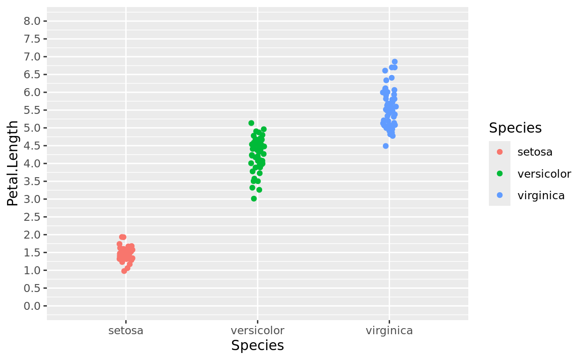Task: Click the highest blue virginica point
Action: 395,62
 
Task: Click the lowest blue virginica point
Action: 386,146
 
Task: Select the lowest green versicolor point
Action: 254,199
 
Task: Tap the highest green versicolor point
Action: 251,123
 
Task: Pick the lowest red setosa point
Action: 124,271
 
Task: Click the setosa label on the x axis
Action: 126,331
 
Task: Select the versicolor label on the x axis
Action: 257,331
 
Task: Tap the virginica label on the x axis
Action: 389,331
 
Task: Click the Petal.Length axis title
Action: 13,163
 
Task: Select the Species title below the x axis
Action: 257,346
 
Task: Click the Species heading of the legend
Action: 515,128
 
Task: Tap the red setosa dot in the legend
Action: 500,152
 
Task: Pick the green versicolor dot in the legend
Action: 500,174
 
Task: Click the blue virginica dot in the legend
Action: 500,195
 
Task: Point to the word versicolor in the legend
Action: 544,174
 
